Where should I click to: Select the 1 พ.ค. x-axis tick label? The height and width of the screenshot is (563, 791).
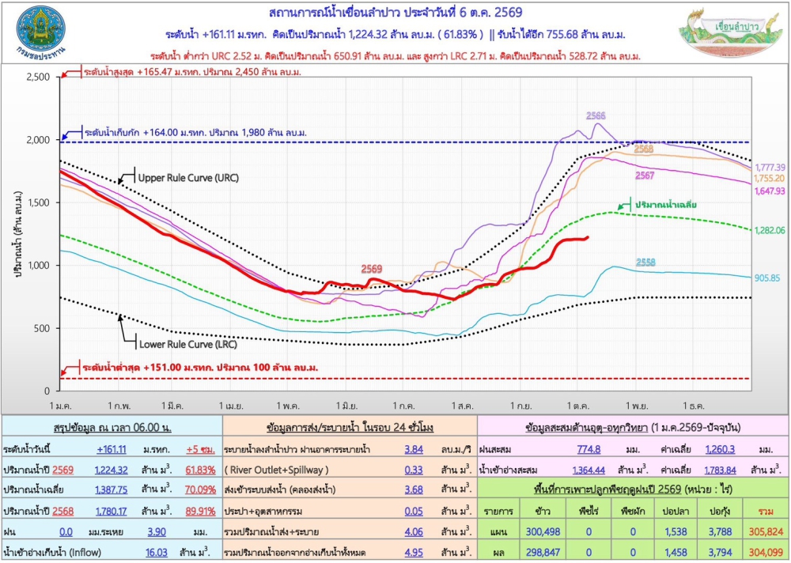point(286,406)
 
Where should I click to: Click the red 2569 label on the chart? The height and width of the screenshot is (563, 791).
point(371,268)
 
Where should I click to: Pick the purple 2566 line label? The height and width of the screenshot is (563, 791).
point(596,115)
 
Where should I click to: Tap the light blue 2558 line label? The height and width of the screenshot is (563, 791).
point(645,262)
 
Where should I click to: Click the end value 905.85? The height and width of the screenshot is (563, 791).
point(768,278)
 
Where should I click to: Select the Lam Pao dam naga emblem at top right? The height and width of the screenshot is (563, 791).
point(729,32)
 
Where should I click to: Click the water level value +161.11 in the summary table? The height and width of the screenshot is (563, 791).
point(112,449)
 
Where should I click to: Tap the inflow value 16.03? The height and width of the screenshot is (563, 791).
point(157,553)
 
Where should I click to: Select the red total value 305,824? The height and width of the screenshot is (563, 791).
point(766,531)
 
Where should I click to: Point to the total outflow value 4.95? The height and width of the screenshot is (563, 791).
point(414,553)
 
